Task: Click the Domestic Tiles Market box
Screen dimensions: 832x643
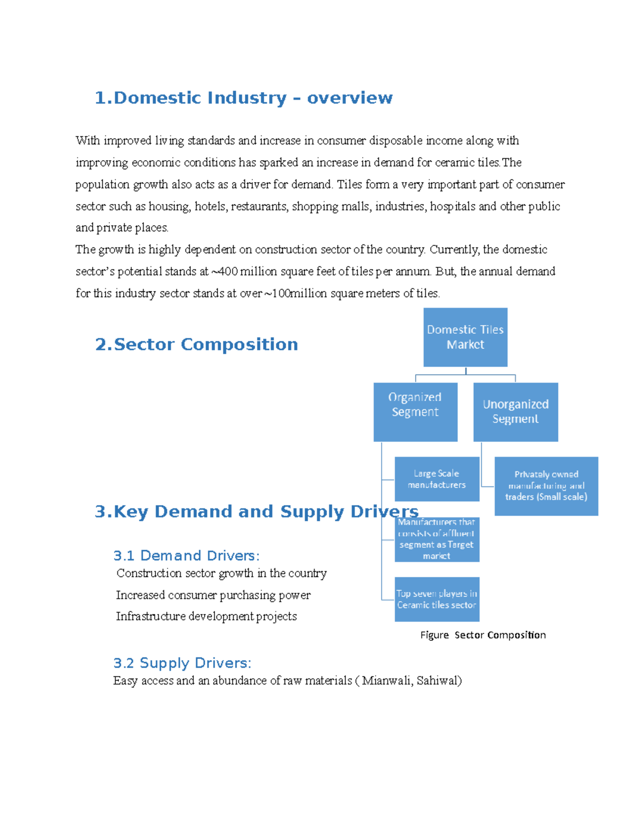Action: tap(465, 337)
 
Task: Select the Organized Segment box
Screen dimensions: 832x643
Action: tap(415, 411)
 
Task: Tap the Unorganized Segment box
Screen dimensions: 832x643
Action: tap(515, 411)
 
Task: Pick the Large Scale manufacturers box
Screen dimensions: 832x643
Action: tap(437, 479)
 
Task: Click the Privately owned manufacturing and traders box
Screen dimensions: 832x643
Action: tap(546, 485)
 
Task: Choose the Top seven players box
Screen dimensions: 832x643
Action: tap(437, 599)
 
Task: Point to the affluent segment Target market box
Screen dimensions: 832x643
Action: tap(437, 539)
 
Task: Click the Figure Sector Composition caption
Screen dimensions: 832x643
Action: tap(483, 635)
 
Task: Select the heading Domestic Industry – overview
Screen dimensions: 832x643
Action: tap(243, 98)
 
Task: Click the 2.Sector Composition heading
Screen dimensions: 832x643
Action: tap(196, 344)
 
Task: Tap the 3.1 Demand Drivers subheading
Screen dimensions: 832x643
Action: tap(186, 556)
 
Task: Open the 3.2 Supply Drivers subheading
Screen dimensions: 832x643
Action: tap(182, 663)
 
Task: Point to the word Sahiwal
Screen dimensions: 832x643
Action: tap(439, 681)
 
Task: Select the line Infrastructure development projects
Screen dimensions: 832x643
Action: tap(206, 617)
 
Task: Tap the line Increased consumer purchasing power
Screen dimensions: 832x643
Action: tap(213, 595)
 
